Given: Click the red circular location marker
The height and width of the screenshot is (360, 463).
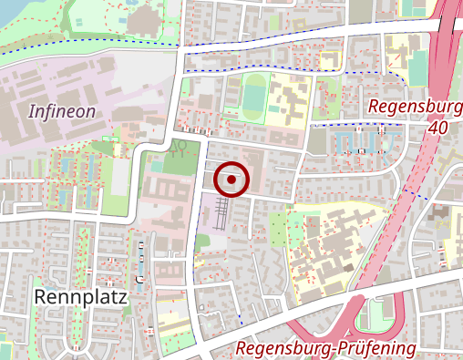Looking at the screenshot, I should (x=233, y=180).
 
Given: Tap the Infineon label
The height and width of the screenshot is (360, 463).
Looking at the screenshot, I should (x=62, y=112).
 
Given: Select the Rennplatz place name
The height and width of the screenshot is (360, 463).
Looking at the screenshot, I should (x=80, y=297).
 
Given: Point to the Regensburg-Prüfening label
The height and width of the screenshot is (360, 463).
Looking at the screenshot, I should (x=325, y=348).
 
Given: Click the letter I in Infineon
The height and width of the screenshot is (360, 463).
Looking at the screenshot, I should (x=32, y=112).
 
